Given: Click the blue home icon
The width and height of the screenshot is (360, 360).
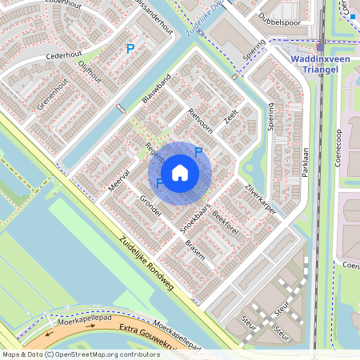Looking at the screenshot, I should pyautogui.click(x=180, y=172).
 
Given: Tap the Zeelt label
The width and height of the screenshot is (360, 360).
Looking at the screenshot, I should pyautogui.click(x=232, y=118).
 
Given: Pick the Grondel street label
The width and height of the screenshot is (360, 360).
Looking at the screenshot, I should pyautogui.click(x=150, y=206).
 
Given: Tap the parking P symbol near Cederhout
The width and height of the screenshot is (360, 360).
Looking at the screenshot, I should pyautogui.click(x=130, y=50).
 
